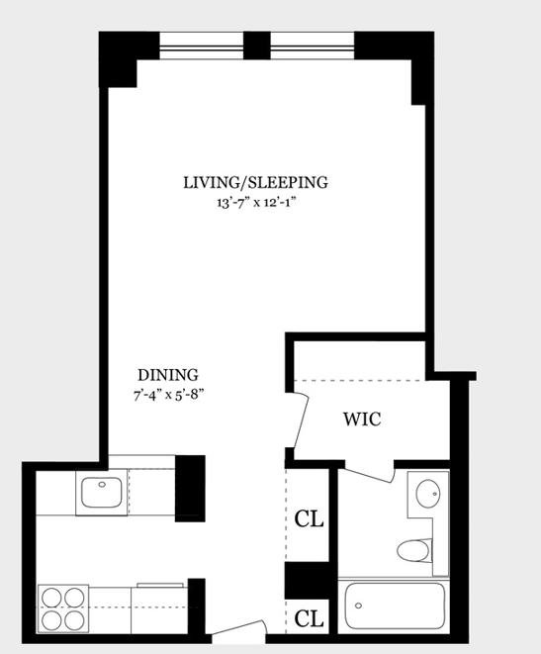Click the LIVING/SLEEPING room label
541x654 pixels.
click(255, 183)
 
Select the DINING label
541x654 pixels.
click(168, 375)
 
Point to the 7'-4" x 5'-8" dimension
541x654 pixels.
click(168, 395)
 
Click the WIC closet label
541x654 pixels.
click(362, 420)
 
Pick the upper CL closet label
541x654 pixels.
click(309, 518)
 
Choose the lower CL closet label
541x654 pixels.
click(309, 618)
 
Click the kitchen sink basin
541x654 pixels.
click(102, 493)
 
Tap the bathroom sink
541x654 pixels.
click(428, 494)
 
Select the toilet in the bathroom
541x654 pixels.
click(413, 550)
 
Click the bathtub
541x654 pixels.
click(395, 607)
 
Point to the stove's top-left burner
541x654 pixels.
click(52, 598)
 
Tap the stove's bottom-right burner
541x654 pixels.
click(74, 620)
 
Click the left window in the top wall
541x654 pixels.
click(202, 46)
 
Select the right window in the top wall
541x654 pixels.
click(313, 46)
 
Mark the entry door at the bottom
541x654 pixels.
click(238, 628)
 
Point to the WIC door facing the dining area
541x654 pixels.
click(301, 420)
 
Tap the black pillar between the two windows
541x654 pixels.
click(257, 46)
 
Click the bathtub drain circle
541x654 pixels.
click(358, 606)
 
